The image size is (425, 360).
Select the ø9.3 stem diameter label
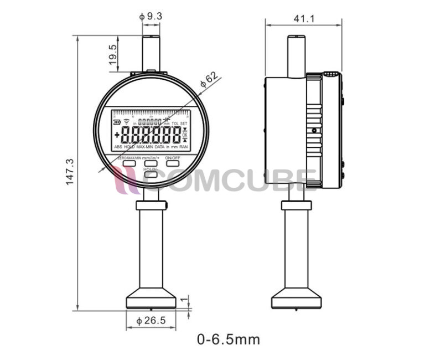pyautogui.click(x=151, y=16)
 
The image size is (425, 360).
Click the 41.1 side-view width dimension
pyautogui.click(x=304, y=19)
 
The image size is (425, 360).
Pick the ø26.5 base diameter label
pyautogui.click(x=151, y=320)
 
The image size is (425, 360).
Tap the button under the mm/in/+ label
pyautogui.click(x=151, y=163)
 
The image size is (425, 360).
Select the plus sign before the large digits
pyautogui.click(x=117, y=135)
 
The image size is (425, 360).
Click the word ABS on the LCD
pyautogui.click(x=118, y=147)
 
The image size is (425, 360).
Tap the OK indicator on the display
pyautogui.click(x=185, y=136)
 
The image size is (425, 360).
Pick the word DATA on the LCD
pyautogui.click(x=159, y=147)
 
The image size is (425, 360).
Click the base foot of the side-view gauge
pyautogui.click(x=296, y=300)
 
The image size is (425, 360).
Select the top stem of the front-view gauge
pyautogui.click(x=151, y=53)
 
